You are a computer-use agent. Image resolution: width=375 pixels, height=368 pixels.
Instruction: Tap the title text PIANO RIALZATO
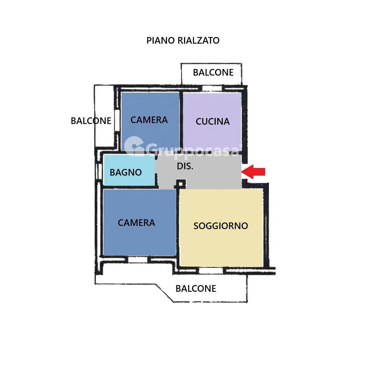pos(183,41)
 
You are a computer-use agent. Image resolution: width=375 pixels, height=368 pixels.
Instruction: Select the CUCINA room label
pos(213,122)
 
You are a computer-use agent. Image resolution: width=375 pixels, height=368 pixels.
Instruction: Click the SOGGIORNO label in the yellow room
pos(220,226)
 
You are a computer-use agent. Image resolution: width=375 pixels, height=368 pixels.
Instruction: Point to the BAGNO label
pos(126,172)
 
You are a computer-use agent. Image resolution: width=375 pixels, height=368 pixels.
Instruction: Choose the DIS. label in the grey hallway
pos(185,166)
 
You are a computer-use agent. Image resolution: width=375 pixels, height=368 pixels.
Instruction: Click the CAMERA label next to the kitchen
pos(149,120)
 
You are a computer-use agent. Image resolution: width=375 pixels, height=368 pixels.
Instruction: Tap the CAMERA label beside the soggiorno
pos(136,223)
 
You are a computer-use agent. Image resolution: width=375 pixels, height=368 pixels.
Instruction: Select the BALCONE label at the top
pos(213,72)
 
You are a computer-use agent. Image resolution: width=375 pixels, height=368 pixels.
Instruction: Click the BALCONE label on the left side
pos(91,121)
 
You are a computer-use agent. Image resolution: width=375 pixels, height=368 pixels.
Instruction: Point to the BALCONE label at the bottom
pos(196,289)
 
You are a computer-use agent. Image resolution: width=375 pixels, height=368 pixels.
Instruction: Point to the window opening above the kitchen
pos(212,88)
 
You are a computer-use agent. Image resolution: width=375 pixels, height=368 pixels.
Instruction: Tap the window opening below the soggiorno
pos(212,271)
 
